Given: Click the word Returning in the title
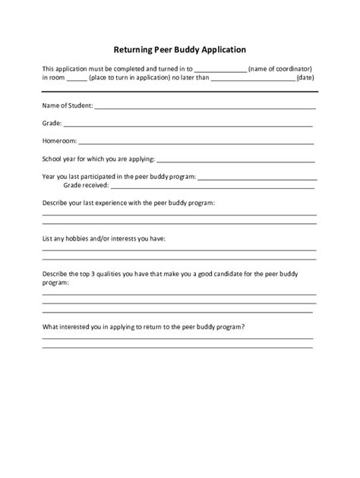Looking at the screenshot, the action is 137,50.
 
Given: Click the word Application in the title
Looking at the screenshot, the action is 219,50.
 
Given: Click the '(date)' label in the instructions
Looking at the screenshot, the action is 305,78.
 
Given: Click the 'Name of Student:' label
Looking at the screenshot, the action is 68,106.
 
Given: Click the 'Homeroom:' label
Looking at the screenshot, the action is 58,140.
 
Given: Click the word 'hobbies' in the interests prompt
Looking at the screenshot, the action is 79,238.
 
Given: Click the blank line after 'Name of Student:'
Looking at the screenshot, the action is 205,107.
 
